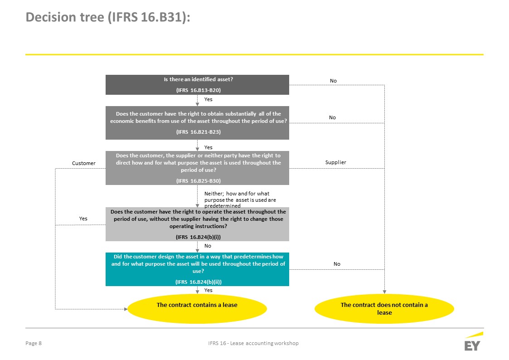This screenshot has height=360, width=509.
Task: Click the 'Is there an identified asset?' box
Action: (197, 85)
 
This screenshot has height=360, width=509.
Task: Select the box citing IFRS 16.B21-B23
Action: (197, 123)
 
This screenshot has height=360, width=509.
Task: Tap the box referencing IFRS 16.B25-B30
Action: (197, 168)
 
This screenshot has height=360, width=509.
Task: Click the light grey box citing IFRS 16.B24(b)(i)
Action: (197, 224)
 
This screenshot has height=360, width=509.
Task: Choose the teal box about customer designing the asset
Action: (197, 269)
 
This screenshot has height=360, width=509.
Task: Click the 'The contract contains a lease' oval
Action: (197, 309)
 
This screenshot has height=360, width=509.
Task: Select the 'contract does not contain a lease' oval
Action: (384, 309)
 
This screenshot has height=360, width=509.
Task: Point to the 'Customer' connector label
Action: (84, 163)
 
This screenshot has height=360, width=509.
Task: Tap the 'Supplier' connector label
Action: (336, 162)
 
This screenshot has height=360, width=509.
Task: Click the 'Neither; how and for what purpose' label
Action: (240, 199)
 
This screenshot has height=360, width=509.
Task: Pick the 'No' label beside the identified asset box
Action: (334, 81)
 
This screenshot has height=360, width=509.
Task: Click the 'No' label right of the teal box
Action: (337, 264)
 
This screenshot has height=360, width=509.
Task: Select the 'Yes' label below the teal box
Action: (208, 290)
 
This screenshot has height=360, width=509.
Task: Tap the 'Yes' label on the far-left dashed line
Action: (83, 219)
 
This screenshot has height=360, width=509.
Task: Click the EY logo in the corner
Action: (474, 341)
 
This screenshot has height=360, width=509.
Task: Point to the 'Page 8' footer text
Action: (34, 343)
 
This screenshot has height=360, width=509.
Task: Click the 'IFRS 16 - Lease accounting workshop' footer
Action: (253, 343)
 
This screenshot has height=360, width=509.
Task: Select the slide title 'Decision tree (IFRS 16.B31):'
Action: (108, 17)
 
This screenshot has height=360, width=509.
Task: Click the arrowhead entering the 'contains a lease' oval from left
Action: (126, 309)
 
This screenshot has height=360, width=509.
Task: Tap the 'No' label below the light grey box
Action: (208, 246)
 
